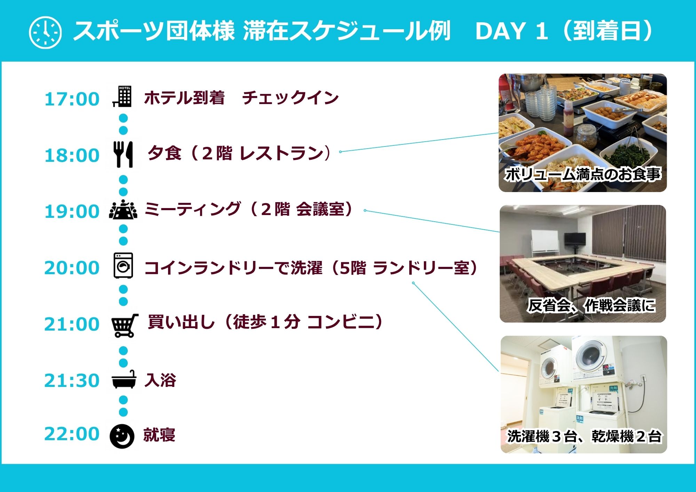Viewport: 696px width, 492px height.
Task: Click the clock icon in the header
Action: click(x=45, y=32)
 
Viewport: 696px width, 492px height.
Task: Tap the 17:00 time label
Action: click(x=72, y=99)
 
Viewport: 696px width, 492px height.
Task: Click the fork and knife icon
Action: click(x=123, y=154)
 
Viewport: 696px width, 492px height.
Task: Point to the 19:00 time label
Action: click(x=72, y=212)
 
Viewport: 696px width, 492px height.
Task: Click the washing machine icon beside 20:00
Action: click(x=124, y=265)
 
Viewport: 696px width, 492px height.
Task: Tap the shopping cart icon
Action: click(x=124, y=325)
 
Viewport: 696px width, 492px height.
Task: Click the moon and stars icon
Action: click(x=122, y=436)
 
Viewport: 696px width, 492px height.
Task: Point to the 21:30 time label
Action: click(x=72, y=380)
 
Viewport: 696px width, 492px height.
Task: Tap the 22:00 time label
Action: click(x=72, y=434)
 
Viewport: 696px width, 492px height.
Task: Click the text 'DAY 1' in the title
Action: click(x=512, y=31)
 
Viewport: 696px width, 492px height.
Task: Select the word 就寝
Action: click(x=159, y=435)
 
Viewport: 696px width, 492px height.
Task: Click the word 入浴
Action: click(x=160, y=380)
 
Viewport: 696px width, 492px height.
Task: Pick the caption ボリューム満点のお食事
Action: click(x=583, y=174)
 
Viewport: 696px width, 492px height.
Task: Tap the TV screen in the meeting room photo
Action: click(x=575, y=239)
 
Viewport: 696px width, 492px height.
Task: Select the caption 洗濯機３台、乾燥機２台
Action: click(x=584, y=436)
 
